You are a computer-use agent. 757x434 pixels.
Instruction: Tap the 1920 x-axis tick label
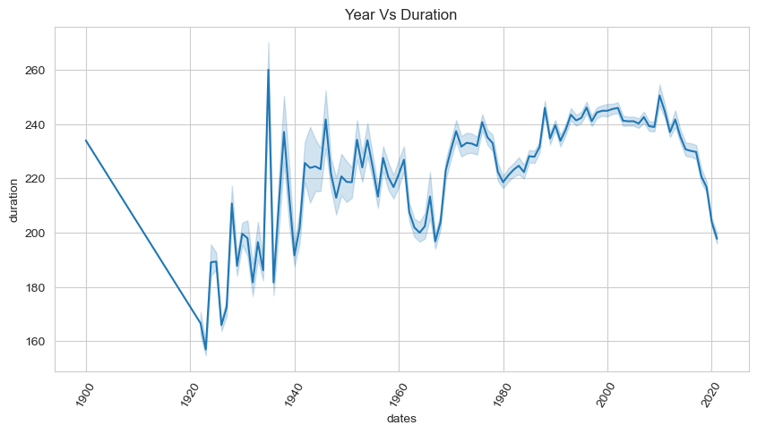point(188,393)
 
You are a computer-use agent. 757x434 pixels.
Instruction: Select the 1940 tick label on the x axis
point(293,393)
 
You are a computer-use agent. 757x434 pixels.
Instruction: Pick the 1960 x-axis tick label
point(397,393)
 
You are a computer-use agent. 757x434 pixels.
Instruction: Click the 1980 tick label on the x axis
point(502,393)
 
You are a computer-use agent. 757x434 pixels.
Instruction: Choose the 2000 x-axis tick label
point(606,393)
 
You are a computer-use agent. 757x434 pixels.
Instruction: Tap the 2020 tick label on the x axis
point(710,393)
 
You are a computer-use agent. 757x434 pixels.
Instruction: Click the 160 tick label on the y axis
point(38,342)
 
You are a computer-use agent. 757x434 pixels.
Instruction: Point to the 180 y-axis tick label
point(38,287)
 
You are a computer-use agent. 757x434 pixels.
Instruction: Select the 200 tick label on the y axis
point(38,233)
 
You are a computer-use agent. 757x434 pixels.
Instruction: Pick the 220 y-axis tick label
point(38,179)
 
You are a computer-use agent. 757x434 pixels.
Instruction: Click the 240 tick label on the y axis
point(38,124)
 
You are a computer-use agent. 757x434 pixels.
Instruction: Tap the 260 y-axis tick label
point(38,70)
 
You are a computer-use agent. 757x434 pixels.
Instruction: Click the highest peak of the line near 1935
point(269,70)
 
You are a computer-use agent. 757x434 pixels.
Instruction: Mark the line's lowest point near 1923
point(206,349)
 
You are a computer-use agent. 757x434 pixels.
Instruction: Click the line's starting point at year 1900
point(86,140)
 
